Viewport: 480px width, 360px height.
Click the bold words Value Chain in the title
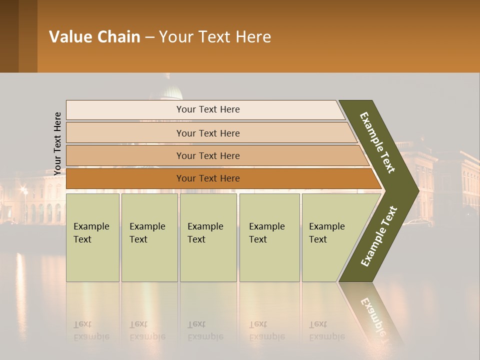coord(94,37)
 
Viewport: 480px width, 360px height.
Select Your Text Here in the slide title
coord(215,37)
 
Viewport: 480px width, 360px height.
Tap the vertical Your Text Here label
coord(57,143)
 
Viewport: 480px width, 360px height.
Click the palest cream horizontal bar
coord(207,109)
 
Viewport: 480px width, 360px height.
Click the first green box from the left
coord(92,237)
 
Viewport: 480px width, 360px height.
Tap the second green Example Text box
coord(149,237)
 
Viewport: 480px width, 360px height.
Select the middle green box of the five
coord(208,237)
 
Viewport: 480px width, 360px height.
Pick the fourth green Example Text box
coord(269,237)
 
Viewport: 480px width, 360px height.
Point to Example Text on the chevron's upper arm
coord(377,142)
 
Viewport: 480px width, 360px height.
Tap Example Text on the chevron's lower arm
coord(379,236)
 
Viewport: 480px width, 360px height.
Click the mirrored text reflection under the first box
coord(91,330)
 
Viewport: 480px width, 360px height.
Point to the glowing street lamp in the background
coord(23,190)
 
